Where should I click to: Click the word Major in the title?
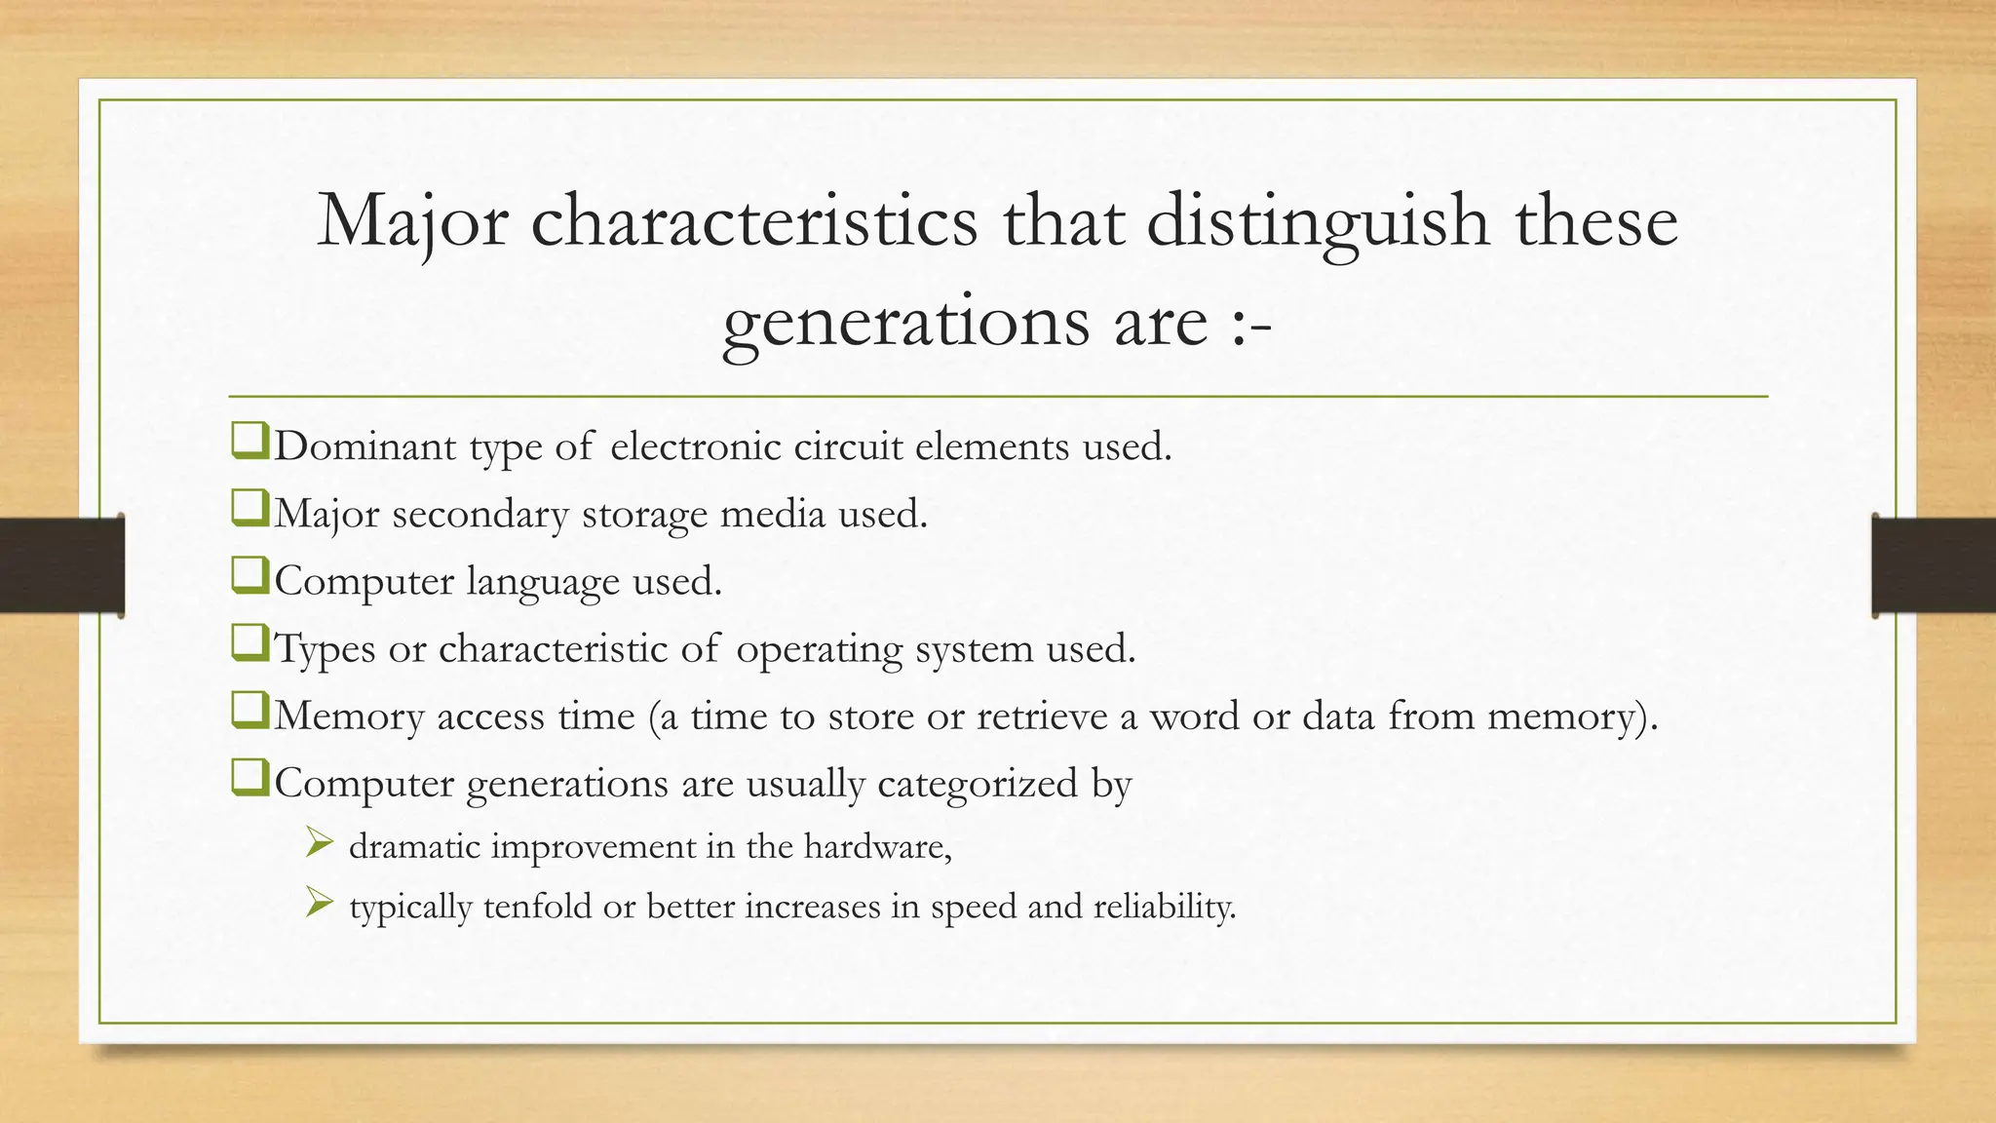click(x=412, y=222)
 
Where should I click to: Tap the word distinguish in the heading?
click(x=1318, y=222)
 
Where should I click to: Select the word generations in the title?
click(x=905, y=323)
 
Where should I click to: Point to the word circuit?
click(x=848, y=447)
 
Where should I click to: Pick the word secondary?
click(x=480, y=515)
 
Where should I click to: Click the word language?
click(x=543, y=582)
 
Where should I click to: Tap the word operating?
click(x=820, y=649)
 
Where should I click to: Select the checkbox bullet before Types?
click(x=249, y=645)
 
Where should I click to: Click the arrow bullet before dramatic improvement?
click(x=319, y=842)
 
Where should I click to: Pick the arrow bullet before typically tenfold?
click(x=319, y=903)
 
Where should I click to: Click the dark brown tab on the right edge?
click(x=1934, y=565)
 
